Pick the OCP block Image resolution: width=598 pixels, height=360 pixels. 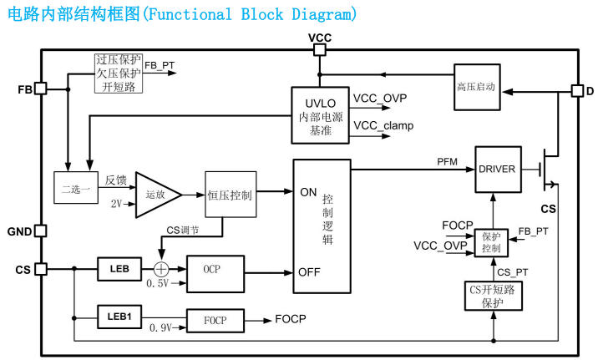(216, 272)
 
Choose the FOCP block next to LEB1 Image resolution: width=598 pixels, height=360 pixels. (216, 320)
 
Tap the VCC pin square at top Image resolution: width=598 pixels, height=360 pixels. (320, 49)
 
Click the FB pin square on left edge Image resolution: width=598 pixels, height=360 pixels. (40, 89)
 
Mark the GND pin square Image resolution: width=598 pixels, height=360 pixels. (40, 231)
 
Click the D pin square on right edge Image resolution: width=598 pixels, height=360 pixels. (576, 90)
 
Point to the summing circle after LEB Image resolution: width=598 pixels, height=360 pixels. (160, 269)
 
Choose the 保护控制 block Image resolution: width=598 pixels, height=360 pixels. (491, 242)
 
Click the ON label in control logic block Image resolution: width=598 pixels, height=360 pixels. (308, 192)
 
